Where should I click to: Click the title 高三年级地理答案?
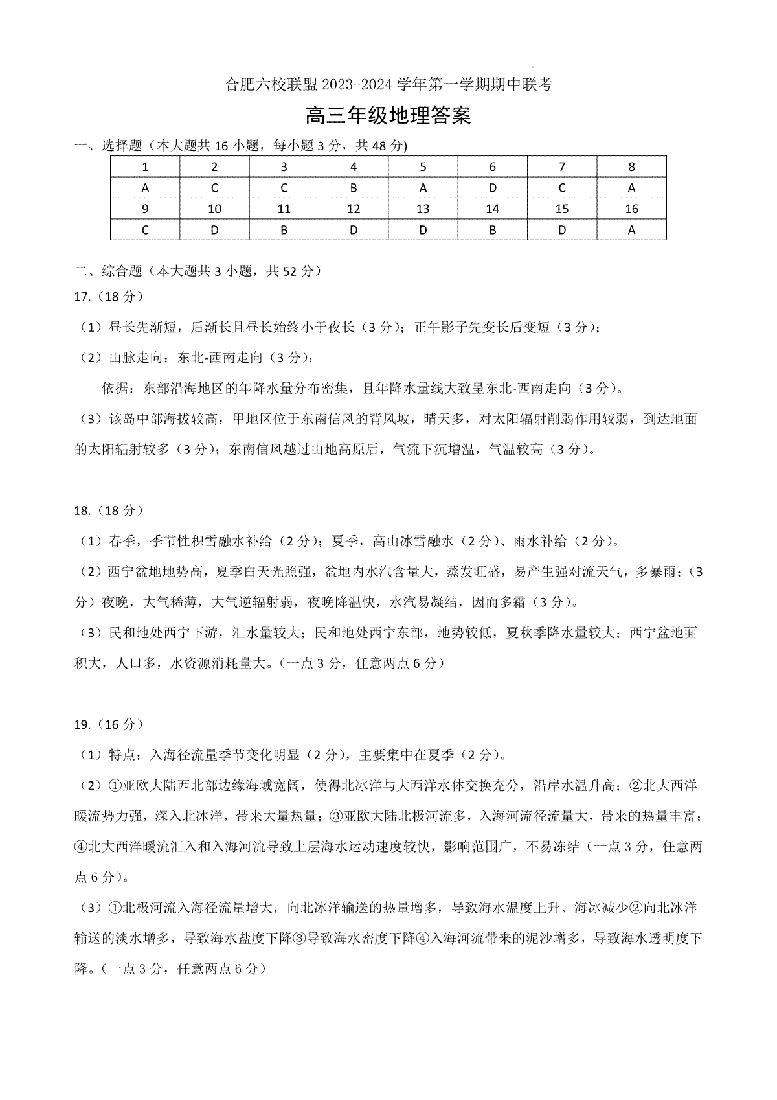[388, 116]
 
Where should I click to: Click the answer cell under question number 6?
[492, 188]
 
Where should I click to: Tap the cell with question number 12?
[354, 209]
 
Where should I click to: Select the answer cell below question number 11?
[284, 229]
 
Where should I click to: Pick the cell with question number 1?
[145, 166]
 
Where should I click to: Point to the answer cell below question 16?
[631, 229]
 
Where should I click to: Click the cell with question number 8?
[631, 166]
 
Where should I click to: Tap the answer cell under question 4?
[354, 188]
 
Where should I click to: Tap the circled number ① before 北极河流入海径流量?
[115, 908]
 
